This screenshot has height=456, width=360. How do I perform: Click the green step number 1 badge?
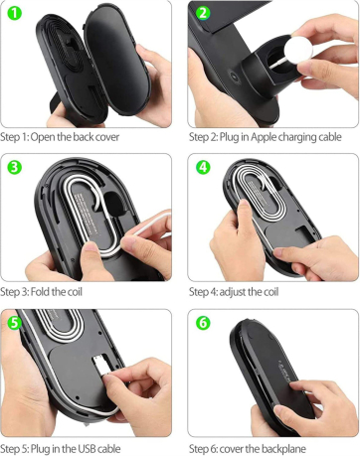click(x=14, y=13)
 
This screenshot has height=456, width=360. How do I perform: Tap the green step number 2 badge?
click(x=203, y=13)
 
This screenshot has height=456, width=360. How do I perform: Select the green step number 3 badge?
click(x=14, y=167)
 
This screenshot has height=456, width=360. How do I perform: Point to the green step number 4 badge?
click(x=203, y=167)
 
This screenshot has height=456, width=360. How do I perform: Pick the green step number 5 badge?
click(x=14, y=323)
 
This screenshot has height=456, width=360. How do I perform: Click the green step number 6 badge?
click(x=203, y=323)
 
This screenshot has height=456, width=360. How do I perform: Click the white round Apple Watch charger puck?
click(x=298, y=50)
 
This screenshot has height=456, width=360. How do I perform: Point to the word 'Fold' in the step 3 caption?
click(x=41, y=292)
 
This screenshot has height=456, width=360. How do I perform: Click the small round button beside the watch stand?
click(x=236, y=77)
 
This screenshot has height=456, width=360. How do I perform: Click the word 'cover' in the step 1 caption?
click(x=107, y=137)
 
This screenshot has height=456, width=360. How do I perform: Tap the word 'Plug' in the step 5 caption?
click(x=41, y=449)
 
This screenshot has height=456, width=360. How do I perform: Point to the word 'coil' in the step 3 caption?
click(x=75, y=292)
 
